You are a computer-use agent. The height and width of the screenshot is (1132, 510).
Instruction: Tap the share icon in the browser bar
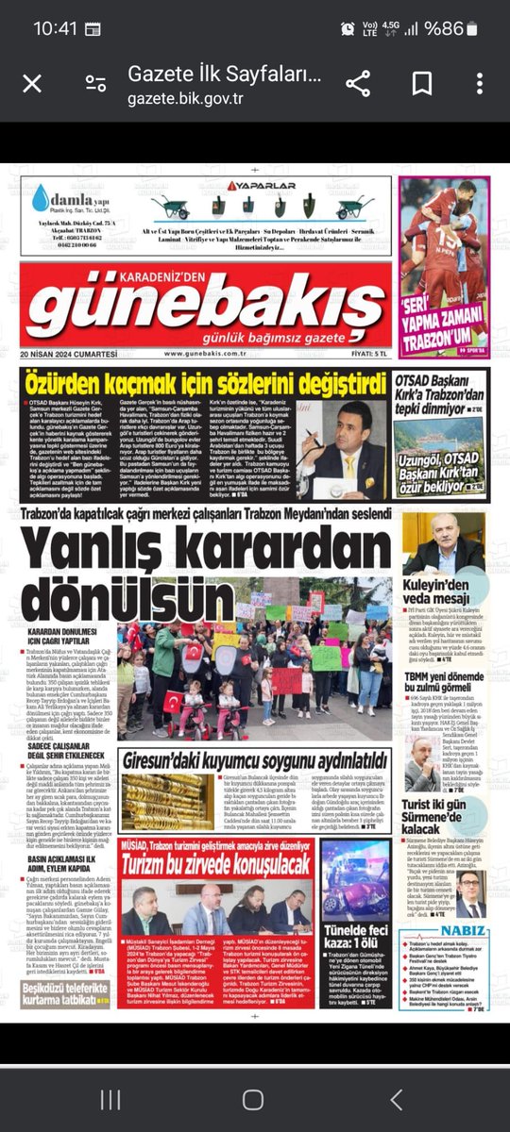(358, 85)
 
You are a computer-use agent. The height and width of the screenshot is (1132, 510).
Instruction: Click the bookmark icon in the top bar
(421, 85)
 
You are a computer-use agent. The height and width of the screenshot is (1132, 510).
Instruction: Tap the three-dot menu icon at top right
(478, 85)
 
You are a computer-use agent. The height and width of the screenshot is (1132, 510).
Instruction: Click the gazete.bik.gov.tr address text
(185, 98)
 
